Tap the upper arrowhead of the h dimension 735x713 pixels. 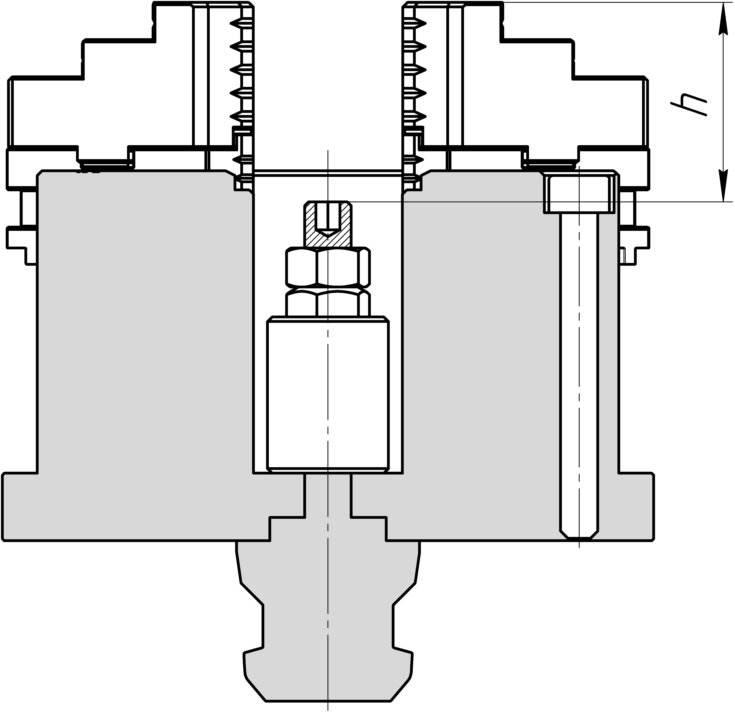coord(721,19)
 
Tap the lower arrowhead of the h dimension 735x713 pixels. coord(721,186)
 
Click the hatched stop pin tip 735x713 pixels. coord(328,224)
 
